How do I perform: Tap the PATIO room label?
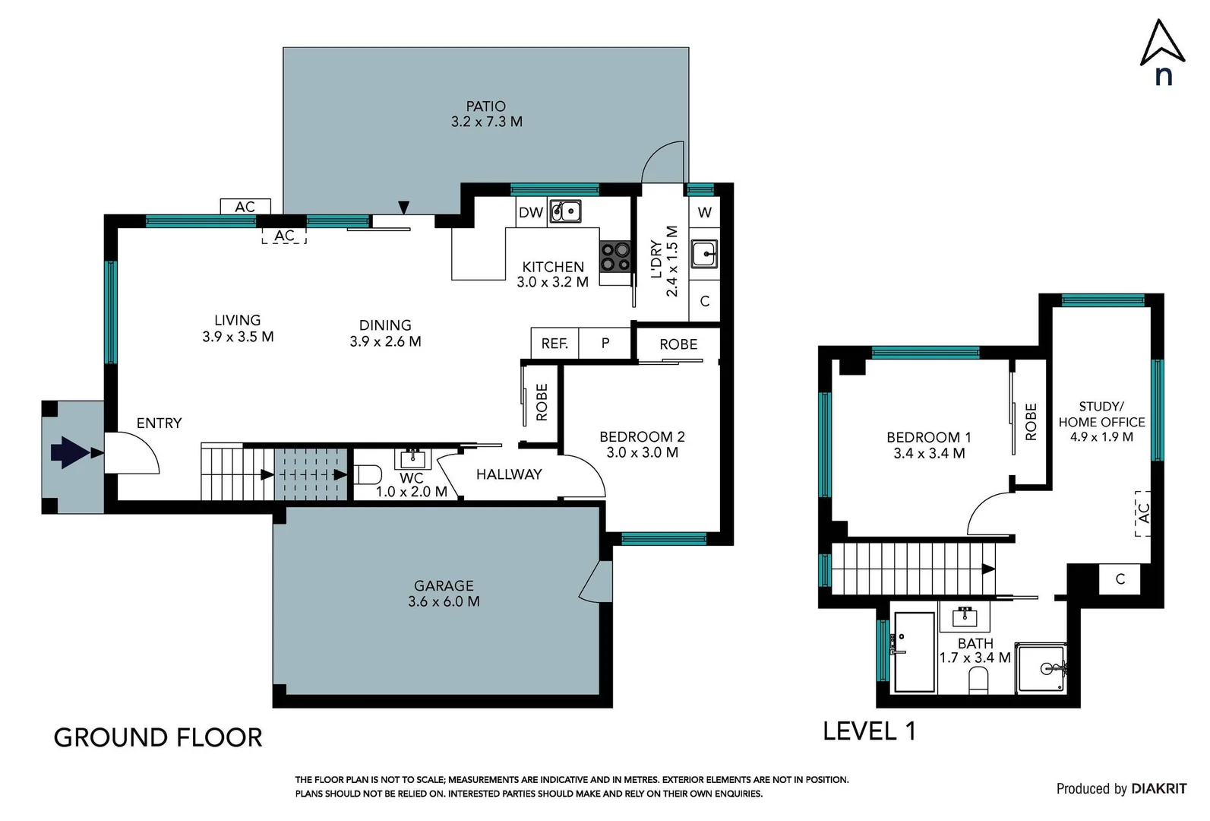pos(486,106)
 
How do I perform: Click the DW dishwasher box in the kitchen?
pos(531,212)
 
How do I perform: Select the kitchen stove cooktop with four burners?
pos(615,256)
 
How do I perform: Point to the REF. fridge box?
pos(554,344)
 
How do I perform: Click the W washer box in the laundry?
pos(705,212)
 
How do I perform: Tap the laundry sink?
pos(704,254)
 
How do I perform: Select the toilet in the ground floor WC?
pos(368,475)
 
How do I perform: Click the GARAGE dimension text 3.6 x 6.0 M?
pos(444,601)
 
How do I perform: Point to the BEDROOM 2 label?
pos(642,436)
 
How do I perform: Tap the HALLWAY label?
pos(509,474)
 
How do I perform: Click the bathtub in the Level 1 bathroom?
pos(914,651)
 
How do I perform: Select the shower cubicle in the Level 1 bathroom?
pos(1042,669)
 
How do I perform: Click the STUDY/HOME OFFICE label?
pos(1101,414)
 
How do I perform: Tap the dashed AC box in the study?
pos(1143,513)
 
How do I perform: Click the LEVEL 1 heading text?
pos(869,731)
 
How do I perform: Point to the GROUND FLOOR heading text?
pos(158,737)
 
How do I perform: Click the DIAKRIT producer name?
pos(1158,789)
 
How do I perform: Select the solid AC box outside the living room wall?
pos(245,207)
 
